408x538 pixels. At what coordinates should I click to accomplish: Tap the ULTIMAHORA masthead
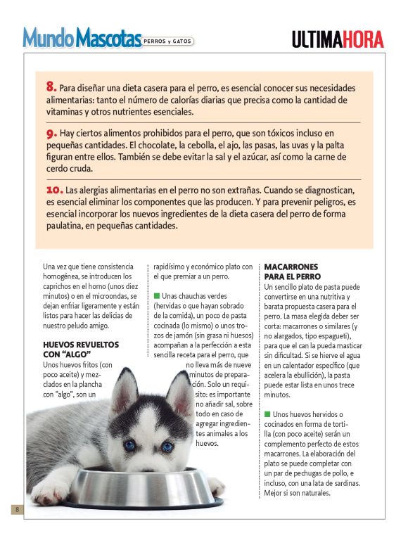coord(338,39)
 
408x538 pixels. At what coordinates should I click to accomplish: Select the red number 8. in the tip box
coord(51,87)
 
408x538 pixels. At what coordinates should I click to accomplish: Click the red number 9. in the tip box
coord(51,132)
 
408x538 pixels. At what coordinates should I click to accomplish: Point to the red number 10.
coord(54,189)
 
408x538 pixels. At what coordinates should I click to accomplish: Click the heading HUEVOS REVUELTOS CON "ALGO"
coord(81,350)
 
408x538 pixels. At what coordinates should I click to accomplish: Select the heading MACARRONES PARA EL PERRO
coord(292,272)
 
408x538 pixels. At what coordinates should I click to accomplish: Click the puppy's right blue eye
coord(167,447)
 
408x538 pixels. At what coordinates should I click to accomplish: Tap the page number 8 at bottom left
coord(14,509)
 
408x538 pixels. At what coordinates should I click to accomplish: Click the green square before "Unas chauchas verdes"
coord(157,295)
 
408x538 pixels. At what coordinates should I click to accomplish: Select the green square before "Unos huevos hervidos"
coord(267,414)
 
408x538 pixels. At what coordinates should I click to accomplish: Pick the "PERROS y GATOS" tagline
coord(168,41)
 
